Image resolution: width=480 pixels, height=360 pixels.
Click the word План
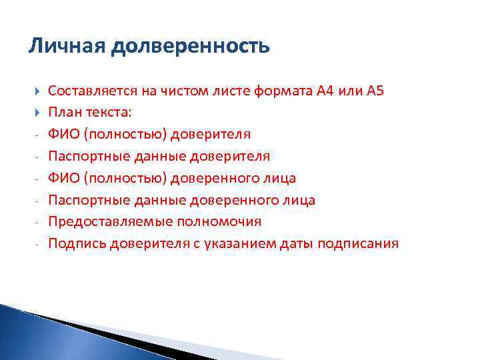tap(63, 113)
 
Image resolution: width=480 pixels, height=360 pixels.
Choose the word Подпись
tap(73, 243)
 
